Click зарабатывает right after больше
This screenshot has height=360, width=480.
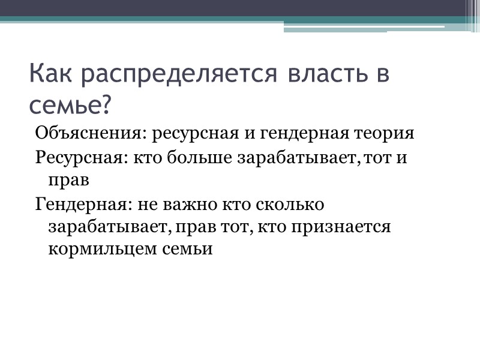(299, 157)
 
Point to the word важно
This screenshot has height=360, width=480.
(191, 205)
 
